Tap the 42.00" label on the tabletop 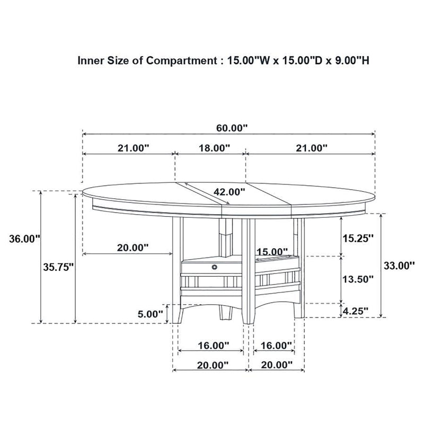click(x=229, y=192)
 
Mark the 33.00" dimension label click(x=398, y=266)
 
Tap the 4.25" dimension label click(x=356, y=311)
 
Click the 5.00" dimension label click(x=150, y=314)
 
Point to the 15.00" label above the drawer click(x=272, y=251)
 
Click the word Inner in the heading click(x=89, y=60)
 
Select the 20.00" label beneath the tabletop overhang click(x=132, y=248)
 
